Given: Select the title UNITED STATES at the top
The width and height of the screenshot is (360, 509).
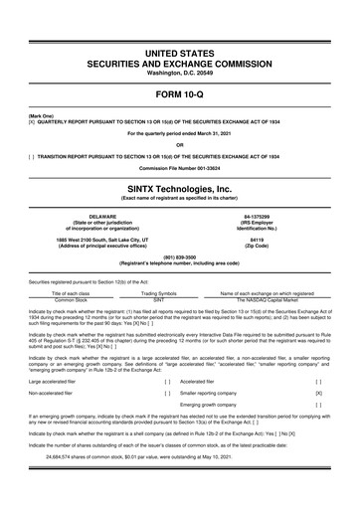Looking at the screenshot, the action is [180, 50].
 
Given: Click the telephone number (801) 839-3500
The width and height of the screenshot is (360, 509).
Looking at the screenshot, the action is [180, 259].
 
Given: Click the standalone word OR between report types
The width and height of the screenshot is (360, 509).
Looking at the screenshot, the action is [180, 144].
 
